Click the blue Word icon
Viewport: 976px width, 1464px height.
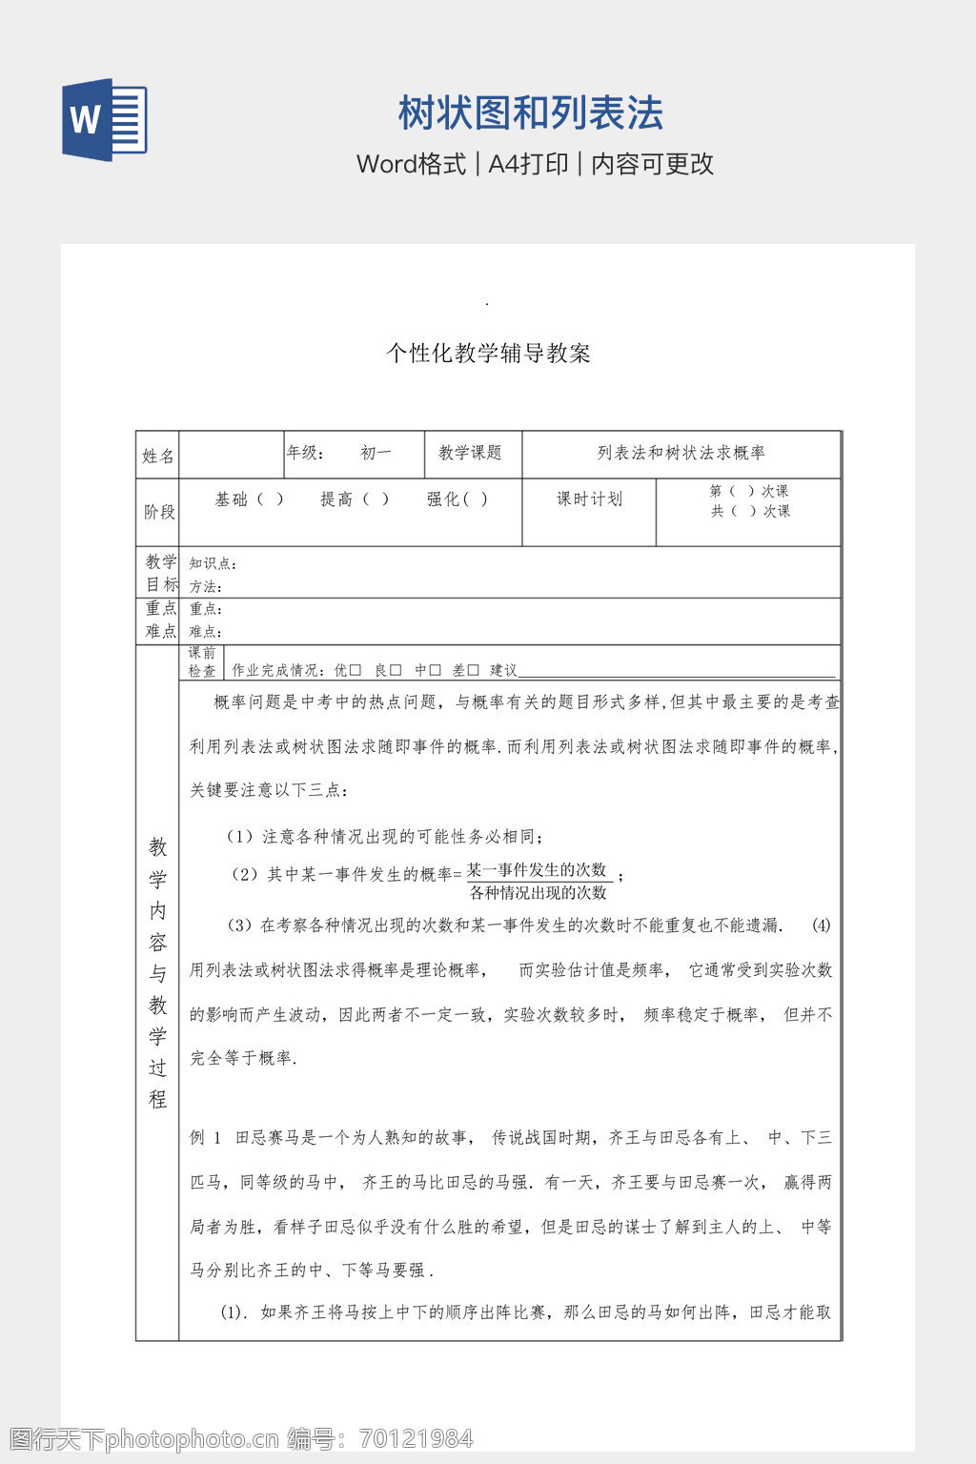point(105,120)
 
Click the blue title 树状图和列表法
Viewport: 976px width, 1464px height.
point(530,113)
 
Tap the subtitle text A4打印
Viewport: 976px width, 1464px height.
point(528,164)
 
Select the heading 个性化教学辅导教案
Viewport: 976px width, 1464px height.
point(488,354)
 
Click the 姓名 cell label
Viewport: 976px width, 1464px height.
point(157,456)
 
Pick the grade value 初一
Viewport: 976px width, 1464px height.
point(376,453)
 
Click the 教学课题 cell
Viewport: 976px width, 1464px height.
point(470,453)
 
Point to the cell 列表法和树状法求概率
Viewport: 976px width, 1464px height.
point(681,453)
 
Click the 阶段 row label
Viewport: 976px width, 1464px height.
point(159,512)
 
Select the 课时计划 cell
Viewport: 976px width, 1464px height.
point(589,498)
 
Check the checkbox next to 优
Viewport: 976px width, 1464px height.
point(356,671)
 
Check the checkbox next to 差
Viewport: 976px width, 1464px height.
point(473,671)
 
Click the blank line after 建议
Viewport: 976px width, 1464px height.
point(677,672)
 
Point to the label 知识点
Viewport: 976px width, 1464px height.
point(213,563)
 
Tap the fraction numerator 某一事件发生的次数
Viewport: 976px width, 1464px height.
point(537,869)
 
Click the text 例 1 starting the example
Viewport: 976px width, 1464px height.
point(205,1137)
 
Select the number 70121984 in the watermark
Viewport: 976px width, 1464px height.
point(415,1438)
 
